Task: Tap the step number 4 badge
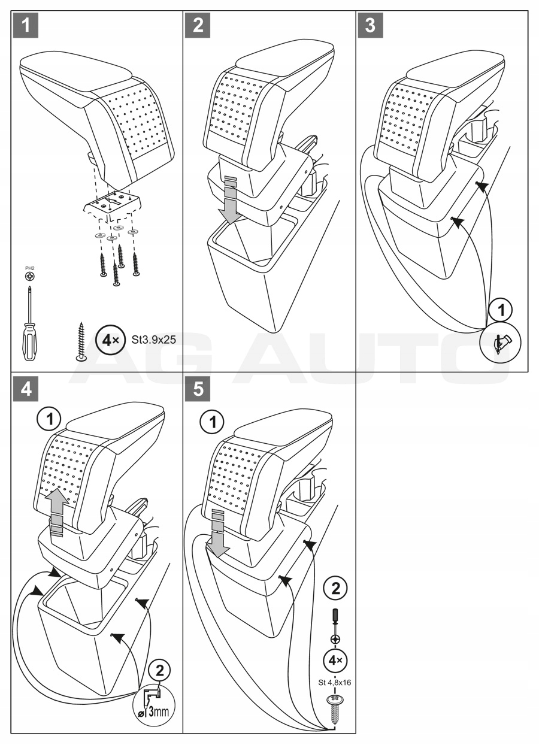pos(26,388)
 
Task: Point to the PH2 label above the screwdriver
pos(29,269)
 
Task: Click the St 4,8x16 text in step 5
pos(334,682)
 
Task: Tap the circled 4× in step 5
pos(334,661)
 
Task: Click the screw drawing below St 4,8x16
pos(334,706)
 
